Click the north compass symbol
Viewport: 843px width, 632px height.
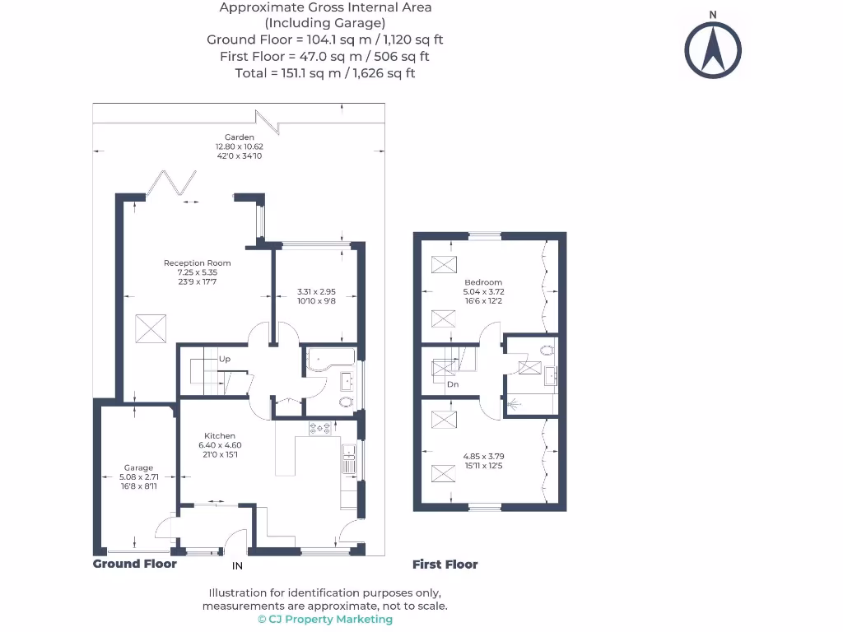pos(713,49)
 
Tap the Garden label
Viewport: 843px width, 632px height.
pos(240,137)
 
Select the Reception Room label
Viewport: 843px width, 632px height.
pos(198,263)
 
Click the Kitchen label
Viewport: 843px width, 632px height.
pos(220,436)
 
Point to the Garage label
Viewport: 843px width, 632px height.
pos(138,468)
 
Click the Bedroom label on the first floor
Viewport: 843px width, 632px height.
pos(482,282)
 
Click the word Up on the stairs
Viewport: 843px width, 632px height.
pos(224,360)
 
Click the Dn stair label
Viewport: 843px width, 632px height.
pos(453,384)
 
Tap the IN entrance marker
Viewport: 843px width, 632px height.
pos(237,565)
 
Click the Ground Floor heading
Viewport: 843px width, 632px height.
pos(134,564)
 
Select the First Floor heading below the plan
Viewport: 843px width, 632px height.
pos(445,565)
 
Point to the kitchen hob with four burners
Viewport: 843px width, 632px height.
pos(319,428)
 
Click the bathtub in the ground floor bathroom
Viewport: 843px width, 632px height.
pos(329,359)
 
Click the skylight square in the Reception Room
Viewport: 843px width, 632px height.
pos(150,328)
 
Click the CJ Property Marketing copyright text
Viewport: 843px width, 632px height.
pos(325,620)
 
